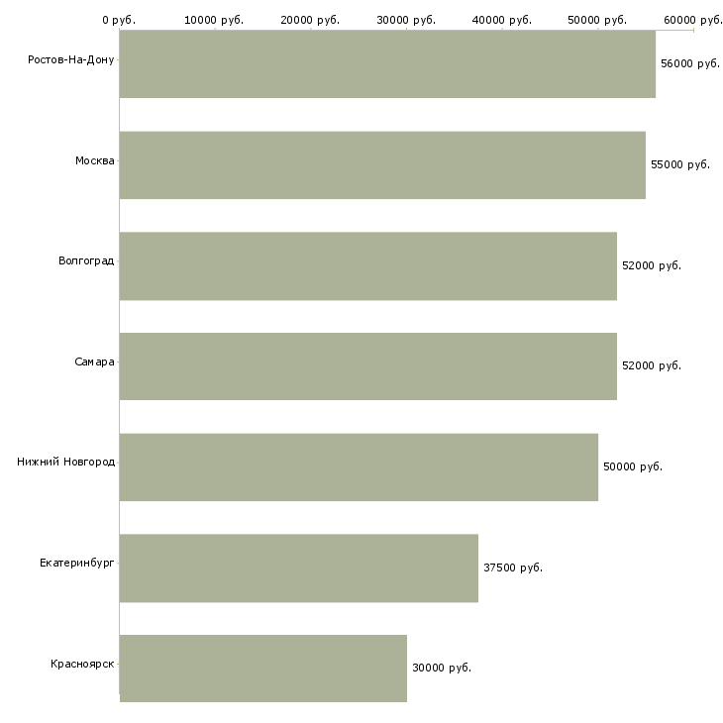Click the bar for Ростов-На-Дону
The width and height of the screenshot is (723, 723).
[x=387, y=64]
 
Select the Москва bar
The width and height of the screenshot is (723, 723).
[x=382, y=165]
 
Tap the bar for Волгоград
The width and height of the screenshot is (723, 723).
[x=368, y=266]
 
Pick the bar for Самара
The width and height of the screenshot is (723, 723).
[x=368, y=366]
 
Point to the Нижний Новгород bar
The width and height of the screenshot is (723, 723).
[x=359, y=467]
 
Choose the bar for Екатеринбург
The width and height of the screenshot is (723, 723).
[x=299, y=568]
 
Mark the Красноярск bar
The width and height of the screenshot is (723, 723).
[x=263, y=669]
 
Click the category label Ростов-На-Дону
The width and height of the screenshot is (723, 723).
[x=71, y=60]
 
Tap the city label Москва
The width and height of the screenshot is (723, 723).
[x=94, y=160]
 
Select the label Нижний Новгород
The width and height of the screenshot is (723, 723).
[x=66, y=462]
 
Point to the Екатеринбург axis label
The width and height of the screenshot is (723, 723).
[x=76, y=563]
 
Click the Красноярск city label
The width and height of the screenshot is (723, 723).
[x=82, y=664]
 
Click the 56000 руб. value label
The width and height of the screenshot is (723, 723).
[x=689, y=63]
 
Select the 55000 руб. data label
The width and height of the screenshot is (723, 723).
[x=680, y=164]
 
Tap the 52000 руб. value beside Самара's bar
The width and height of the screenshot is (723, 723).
[x=652, y=365]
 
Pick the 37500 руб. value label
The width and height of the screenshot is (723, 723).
[x=513, y=568]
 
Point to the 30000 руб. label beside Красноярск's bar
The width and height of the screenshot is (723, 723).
[x=442, y=668]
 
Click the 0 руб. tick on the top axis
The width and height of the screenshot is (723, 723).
[x=119, y=20]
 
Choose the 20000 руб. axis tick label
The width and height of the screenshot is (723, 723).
[x=310, y=20]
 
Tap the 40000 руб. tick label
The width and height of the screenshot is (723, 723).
[x=502, y=20]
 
